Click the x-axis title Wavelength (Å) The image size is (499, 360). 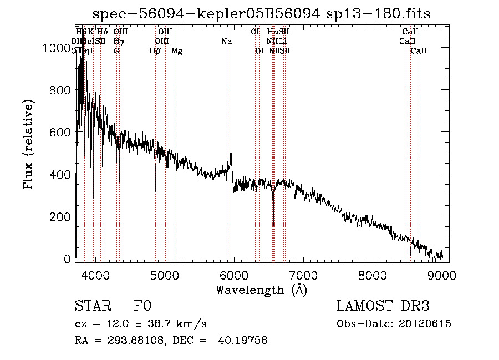point(261,290)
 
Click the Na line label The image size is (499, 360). point(226,42)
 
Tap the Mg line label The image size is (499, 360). point(177,51)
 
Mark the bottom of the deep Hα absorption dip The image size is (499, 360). point(273,225)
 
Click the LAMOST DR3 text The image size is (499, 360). point(383,307)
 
